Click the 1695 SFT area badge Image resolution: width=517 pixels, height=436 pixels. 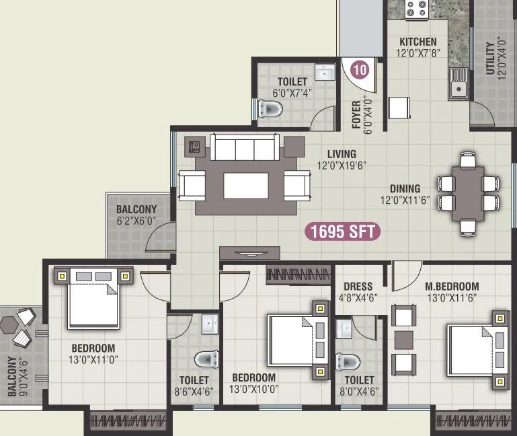[344, 232]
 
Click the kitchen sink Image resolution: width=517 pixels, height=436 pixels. [459, 85]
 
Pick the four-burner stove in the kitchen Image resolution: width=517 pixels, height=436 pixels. [417, 9]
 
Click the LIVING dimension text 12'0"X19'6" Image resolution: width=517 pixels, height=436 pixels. [342, 166]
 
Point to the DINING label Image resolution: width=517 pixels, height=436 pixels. [405, 188]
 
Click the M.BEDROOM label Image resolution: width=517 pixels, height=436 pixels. [452, 286]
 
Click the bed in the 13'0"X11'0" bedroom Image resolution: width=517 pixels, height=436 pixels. [93, 297]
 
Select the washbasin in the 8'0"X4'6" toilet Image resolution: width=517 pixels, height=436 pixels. [344, 329]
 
